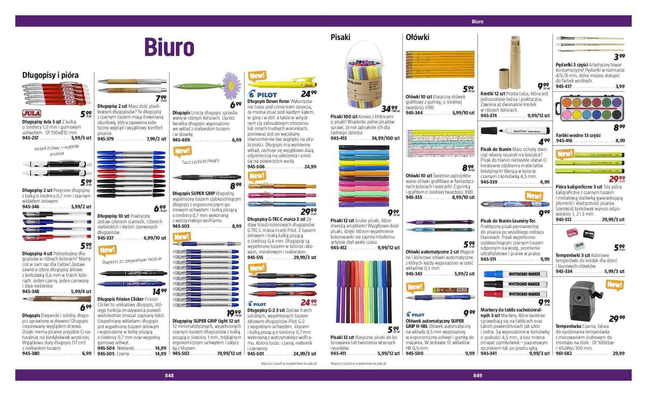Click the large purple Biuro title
click(169, 47)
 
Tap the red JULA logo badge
click(31, 114)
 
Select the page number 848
click(169, 375)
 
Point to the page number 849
click(478, 375)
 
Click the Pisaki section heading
click(340, 37)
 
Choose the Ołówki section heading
click(417, 37)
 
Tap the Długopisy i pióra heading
click(50, 75)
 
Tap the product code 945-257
click(30, 138)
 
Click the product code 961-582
click(564, 353)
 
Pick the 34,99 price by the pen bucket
click(389, 108)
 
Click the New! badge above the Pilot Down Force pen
click(257, 76)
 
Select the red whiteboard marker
click(515, 294)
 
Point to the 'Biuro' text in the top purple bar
click(478, 21)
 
